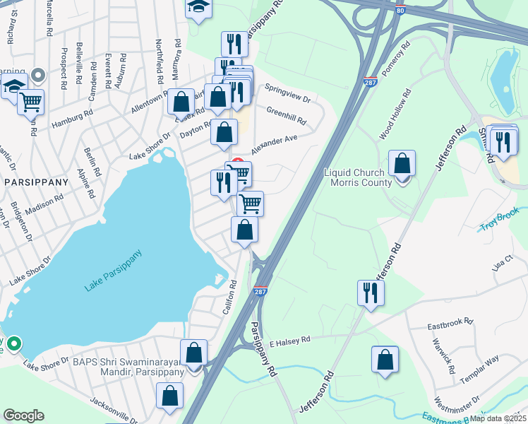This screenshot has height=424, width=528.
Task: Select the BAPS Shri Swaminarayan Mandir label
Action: click(128, 367)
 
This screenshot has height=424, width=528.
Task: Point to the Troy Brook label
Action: click(500, 221)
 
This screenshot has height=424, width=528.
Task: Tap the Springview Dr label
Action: click(287, 93)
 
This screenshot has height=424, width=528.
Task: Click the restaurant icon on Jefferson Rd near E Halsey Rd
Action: click(371, 291)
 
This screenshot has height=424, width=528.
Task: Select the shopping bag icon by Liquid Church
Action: click(402, 163)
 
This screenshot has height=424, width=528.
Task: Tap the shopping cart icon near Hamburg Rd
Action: click(30, 102)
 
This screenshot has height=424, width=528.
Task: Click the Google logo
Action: click(23, 416)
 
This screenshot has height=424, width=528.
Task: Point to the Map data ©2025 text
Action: click(498, 418)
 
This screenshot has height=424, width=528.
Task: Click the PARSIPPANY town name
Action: click(37, 182)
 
